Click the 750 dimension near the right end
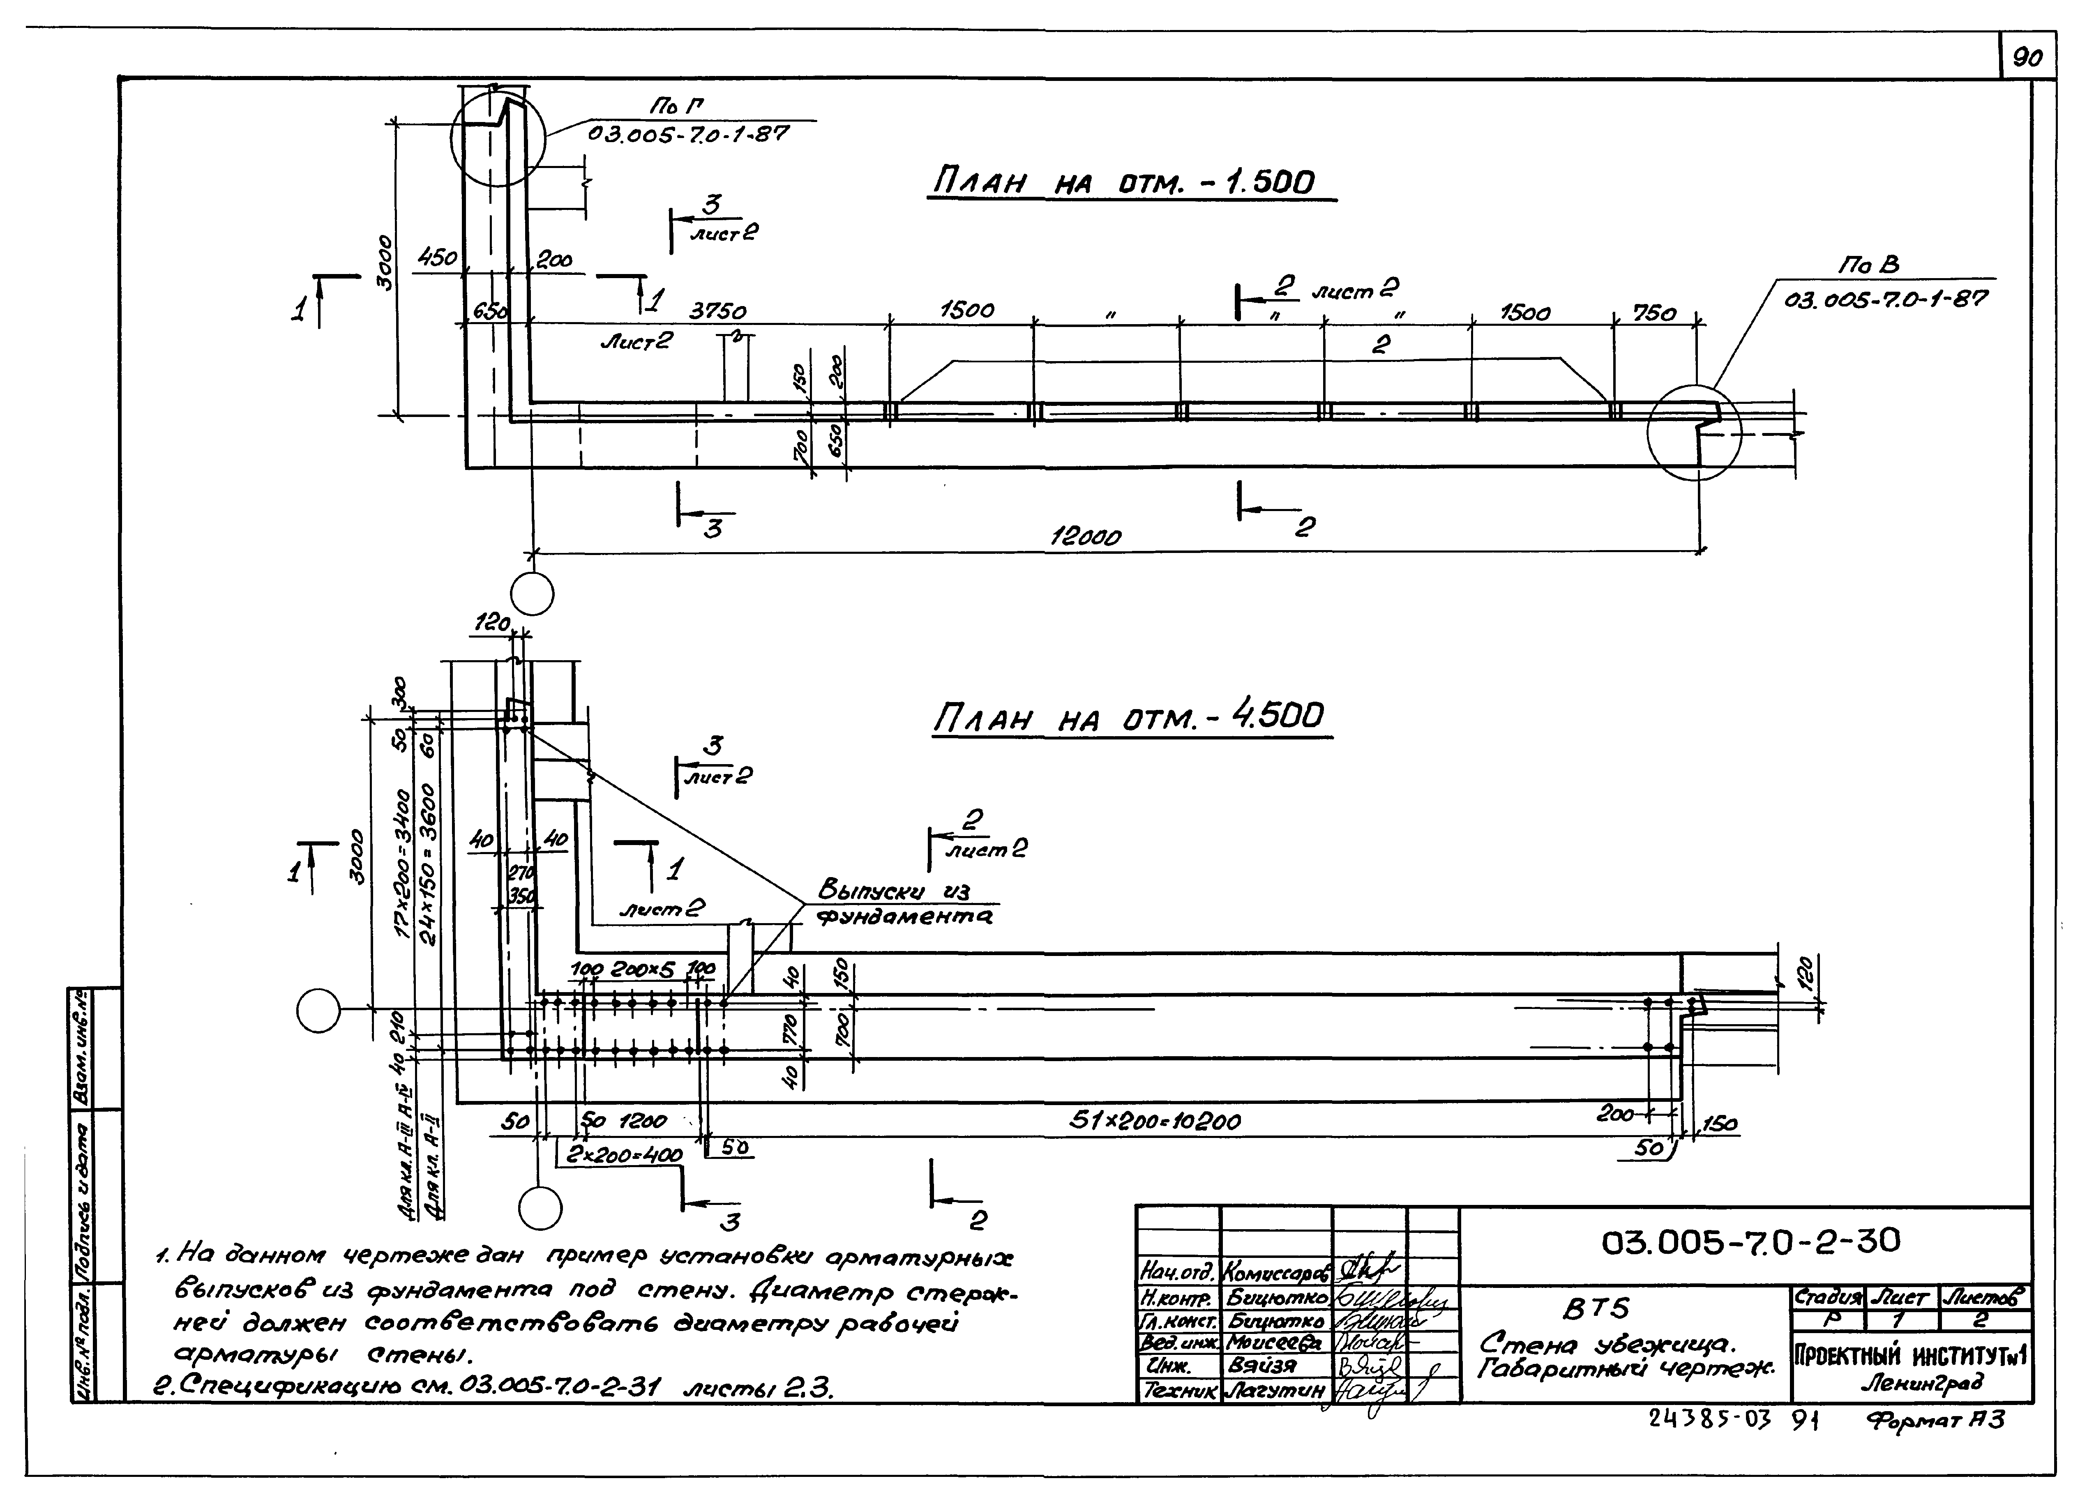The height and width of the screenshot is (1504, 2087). [x=1653, y=314]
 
